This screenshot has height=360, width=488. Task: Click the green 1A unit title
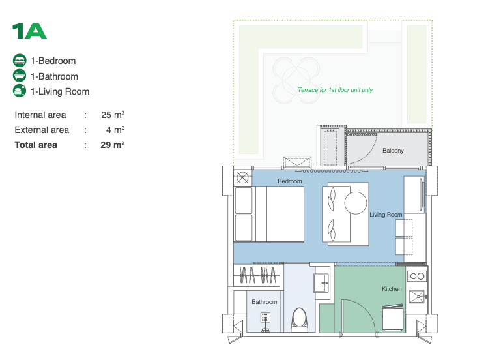29,31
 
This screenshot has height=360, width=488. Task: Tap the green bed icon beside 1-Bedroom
20,61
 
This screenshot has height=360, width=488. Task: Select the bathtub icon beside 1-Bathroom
20,76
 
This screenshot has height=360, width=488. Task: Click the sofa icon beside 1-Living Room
20,91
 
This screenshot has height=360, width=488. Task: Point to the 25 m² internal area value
113,115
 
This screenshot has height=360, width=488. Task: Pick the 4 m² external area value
115,130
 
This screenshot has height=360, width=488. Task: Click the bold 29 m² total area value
112,145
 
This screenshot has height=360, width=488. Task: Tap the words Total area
36,145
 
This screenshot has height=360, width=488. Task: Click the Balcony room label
393,151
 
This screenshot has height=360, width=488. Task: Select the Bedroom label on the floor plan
290,181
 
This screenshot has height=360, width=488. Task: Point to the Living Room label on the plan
386,215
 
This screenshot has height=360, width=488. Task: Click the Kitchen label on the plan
392,289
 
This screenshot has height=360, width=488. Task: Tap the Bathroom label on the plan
265,302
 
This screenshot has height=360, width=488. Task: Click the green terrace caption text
335,90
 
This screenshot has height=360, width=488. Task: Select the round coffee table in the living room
356,203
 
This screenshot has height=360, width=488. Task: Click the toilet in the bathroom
300,320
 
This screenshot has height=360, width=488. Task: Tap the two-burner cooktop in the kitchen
416,276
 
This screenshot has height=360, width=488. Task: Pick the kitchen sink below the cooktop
416,297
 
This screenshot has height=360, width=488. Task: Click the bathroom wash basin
321,283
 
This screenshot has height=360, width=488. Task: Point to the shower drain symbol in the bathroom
265,318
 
